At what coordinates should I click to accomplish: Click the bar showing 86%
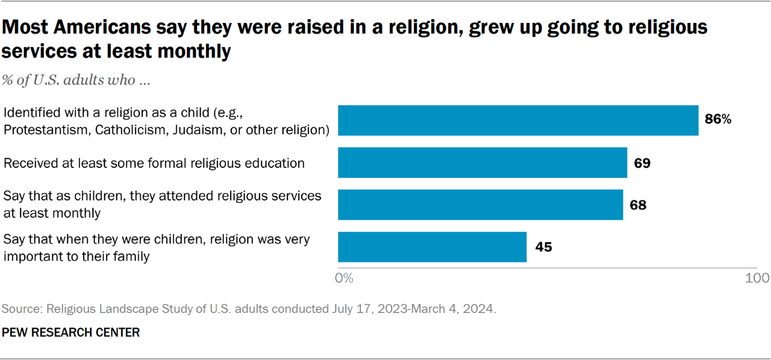pos(518,120)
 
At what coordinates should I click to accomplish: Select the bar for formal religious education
pos(482,163)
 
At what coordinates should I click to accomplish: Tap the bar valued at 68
pos(480,205)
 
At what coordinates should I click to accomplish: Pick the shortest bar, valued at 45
pos(432,247)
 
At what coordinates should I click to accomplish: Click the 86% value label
pos(718,120)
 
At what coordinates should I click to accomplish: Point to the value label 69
pos(642,163)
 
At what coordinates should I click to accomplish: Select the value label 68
pos(638,205)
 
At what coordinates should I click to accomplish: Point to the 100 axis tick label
pos(757,278)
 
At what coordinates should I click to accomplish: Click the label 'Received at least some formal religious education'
pos(154,163)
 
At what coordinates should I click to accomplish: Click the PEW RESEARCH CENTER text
pos(70,332)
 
